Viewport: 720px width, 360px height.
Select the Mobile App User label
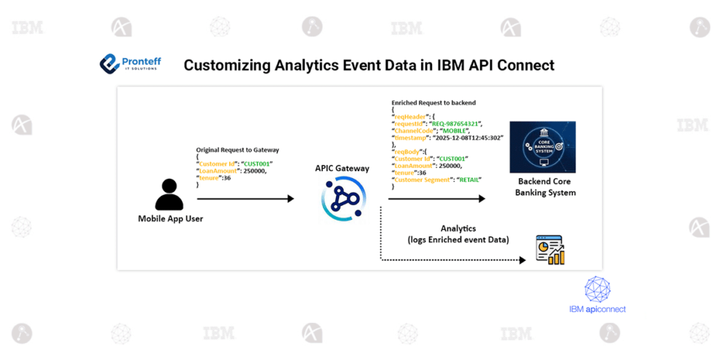click(169, 218)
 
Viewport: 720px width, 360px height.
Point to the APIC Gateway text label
click(342, 168)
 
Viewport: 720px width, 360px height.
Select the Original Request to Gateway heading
click(237, 150)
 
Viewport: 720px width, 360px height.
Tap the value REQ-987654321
click(456, 124)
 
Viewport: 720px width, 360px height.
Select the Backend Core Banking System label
click(545, 187)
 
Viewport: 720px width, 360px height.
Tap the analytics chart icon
click(549, 249)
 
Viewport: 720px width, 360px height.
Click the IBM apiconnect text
click(597, 309)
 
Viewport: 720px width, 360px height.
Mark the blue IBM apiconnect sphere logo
click(597, 289)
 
